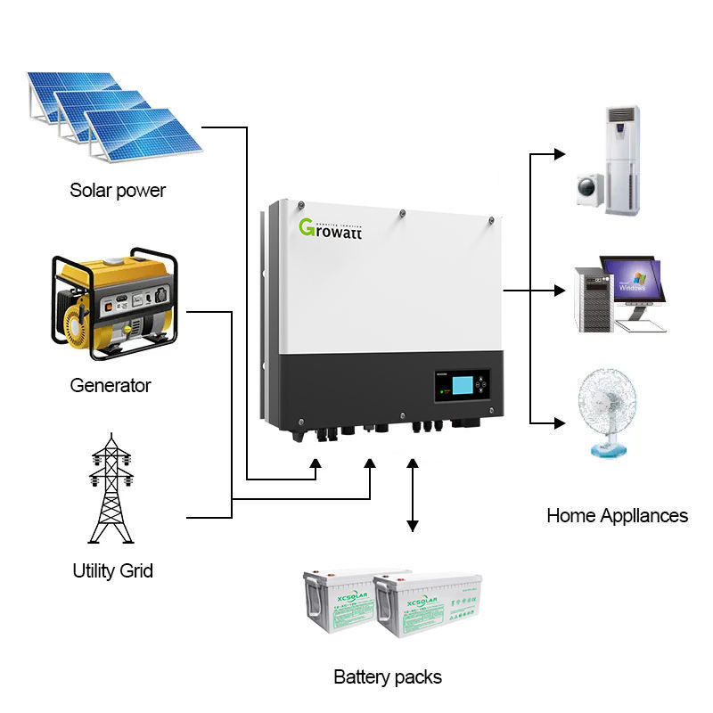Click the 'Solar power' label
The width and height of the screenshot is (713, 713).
(x=118, y=190)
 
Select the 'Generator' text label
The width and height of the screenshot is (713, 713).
(x=111, y=386)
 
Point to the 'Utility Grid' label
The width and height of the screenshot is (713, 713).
(x=112, y=570)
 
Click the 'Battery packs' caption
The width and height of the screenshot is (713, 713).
(x=388, y=677)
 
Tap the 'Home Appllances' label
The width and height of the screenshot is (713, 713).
(x=617, y=515)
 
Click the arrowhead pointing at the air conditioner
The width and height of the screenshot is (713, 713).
(x=560, y=153)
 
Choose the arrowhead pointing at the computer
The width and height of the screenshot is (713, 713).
(x=560, y=290)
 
